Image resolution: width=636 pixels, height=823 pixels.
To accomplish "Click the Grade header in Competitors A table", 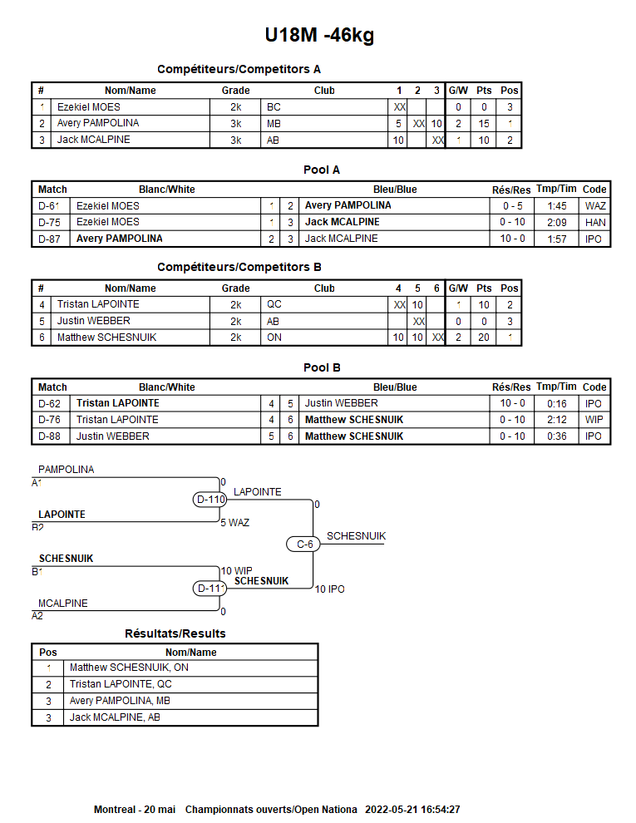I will point(235,91).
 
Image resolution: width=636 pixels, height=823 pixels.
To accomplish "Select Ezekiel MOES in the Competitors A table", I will point(88,107).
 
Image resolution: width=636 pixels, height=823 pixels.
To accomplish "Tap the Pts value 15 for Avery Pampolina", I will point(483,123).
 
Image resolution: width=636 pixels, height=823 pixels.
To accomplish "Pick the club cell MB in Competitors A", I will point(274,123).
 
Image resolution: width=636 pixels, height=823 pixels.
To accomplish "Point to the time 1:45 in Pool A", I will point(556,206).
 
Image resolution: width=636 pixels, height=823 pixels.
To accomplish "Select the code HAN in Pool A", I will point(594,222).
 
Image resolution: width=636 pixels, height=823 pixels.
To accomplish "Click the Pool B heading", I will point(322,367).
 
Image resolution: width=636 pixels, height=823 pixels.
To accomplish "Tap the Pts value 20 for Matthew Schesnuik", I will point(483,338).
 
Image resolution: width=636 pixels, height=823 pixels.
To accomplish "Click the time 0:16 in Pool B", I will point(556,404).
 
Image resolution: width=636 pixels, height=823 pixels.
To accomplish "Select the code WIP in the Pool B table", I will point(594,420).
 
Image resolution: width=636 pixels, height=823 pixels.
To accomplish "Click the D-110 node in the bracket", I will point(210,500).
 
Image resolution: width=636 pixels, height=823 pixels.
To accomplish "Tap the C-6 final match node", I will point(305,545).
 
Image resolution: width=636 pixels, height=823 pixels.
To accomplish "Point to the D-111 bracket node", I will point(210,589).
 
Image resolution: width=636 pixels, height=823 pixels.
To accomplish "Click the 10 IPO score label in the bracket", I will point(329,589).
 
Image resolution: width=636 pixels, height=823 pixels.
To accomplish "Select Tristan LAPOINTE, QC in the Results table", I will point(121,684).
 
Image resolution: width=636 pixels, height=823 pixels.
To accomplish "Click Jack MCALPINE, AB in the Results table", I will point(115,717).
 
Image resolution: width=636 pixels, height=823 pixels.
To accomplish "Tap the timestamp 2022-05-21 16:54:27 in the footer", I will point(412,809).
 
